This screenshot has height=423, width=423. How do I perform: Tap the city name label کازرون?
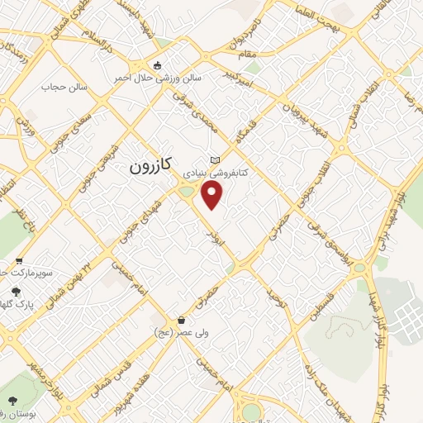[150, 166]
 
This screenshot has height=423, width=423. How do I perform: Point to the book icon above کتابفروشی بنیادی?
[216, 159]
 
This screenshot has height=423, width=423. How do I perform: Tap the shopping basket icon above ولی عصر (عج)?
[180, 320]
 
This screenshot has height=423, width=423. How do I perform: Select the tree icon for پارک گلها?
[16, 291]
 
